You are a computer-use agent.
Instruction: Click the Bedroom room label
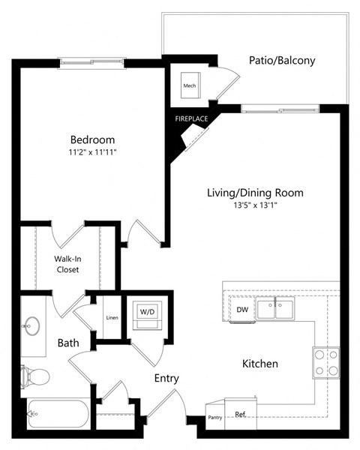tap(92, 139)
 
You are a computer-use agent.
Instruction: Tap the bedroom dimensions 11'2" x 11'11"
tap(92, 152)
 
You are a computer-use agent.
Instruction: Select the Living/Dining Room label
tap(255, 193)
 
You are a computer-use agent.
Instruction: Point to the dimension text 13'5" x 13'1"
tap(255, 205)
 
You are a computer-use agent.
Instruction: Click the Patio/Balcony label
tap(282, 61)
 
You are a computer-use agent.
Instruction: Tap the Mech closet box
tap(189, 85)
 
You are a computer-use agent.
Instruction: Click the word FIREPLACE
tap(192, 118)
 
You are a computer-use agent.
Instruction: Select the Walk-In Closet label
tap(67, 265)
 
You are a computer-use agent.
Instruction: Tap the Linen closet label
tap(111, 317)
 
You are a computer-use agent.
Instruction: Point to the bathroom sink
tap(32, 325)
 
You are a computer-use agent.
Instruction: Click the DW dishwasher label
tap(242, 309)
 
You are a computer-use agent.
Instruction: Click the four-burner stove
tap(326, 363)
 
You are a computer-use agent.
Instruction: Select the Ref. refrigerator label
tap(241, 413)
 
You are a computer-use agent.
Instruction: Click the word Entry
tap(166, 378)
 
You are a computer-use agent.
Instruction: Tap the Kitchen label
tap(259, 364)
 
